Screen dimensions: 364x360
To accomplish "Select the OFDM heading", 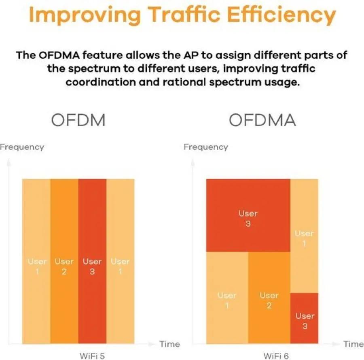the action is pos(78,120).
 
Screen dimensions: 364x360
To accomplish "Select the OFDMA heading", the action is pos(262,120).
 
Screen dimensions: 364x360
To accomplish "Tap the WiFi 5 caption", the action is pos(92,356).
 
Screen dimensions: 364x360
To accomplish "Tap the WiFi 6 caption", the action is pos(276,356).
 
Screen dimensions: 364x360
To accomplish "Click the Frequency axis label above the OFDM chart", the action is pos(22,147).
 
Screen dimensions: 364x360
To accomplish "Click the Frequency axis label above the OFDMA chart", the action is pos(206,147).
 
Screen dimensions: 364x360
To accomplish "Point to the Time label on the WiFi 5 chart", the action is pos(169,344).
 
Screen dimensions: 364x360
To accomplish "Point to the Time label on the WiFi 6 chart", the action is pos(353,344).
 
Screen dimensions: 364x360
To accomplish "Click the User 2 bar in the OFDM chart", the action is pos(64,261).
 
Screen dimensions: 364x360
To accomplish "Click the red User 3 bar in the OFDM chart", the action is pos(92,261).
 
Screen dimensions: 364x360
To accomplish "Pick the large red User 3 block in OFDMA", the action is pos(248,215).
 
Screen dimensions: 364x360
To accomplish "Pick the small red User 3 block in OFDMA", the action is pos(304,318).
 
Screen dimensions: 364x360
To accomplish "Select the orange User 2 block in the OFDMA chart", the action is pos(269,298).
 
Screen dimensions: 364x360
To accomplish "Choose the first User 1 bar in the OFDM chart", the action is pos(36,261).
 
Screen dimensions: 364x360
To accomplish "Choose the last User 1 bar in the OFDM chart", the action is pos(120,261).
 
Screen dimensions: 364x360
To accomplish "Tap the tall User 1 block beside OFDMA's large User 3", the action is pos(304,236).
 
